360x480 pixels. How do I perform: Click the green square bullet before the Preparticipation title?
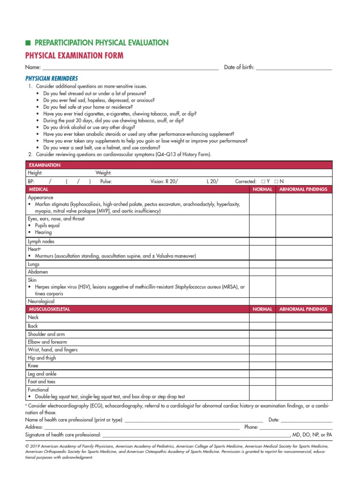(x=28, y=43)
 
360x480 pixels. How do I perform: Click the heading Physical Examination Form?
(x=74, y=56)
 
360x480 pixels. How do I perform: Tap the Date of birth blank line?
(x=294, y=68)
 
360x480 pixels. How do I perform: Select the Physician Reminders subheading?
(x=52, y=78)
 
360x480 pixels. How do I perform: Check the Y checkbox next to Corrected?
(x=263, y=181)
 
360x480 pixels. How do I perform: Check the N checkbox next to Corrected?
(x=277, y=181)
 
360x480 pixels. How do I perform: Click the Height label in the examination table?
(x=35, y=173)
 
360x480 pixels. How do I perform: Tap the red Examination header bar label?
(x=45, y=165)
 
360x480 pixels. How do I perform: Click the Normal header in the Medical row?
(x=262, y=189)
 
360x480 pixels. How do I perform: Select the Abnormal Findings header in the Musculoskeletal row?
(x=303, y=309)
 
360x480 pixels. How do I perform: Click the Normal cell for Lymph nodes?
(x=262, y=241)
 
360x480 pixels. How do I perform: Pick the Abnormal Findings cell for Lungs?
(x=304, y=264)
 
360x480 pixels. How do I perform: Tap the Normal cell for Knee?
(x=262, y=366)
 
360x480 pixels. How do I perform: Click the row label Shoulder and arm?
(x=46, y=334)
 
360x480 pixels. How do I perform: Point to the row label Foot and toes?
(x=42, y=382)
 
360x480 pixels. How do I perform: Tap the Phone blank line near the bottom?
(x=296, y=427)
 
